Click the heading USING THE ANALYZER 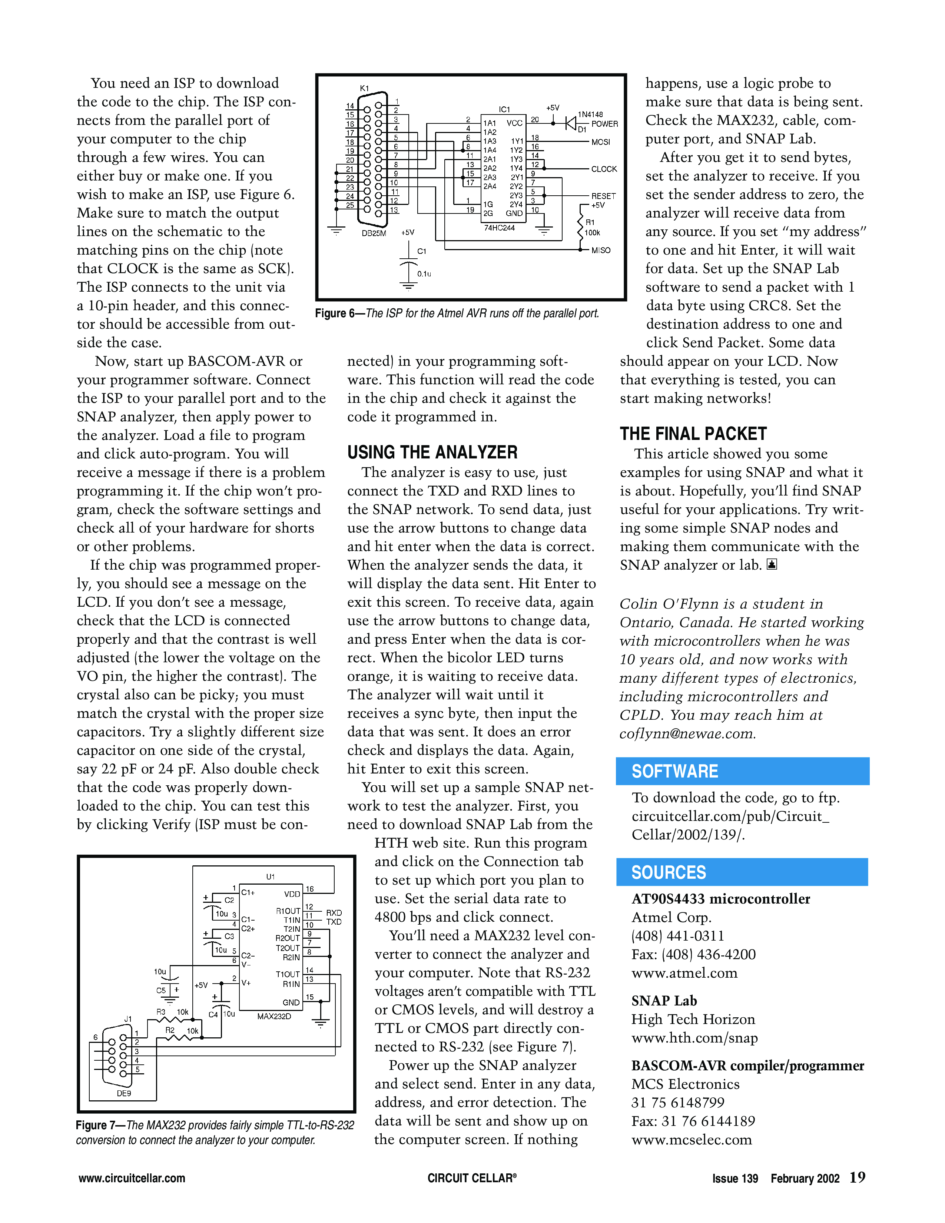432,453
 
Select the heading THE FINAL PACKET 693,434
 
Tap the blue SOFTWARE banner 742,771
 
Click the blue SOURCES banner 742,872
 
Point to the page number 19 857,1177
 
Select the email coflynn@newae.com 687,733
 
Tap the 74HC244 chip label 499,228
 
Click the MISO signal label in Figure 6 601,250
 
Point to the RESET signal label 603,196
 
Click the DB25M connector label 374,233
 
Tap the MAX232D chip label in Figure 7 274,1016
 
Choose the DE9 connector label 124,1093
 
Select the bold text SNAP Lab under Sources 664,1001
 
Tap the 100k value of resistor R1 592,233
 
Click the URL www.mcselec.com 692,1140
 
